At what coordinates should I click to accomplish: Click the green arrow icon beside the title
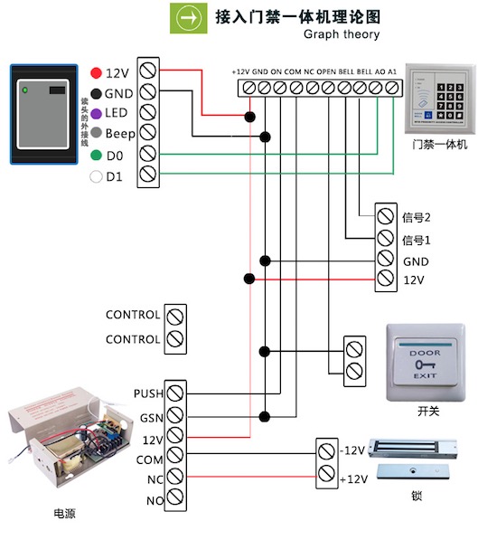click(186, 16)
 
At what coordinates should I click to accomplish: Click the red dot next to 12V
click(96, 71)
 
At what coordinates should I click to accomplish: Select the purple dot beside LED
click(96, 113)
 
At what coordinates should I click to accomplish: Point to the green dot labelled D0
click(96, 156)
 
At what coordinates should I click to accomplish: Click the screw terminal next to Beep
click(149, 134)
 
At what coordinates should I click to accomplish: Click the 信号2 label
click(416, 217)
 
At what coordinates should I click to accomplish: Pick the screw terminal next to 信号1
click(385, 239)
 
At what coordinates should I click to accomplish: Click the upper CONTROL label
click(133, 316)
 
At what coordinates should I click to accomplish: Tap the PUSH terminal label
click(146, 393)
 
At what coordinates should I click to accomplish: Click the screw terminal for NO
click(176, 499)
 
